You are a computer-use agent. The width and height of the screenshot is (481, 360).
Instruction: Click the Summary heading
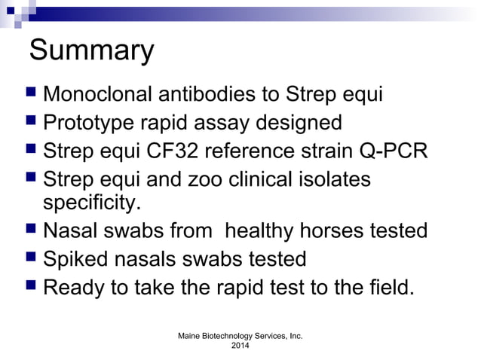91,52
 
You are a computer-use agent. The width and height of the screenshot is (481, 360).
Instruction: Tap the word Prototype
90,122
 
